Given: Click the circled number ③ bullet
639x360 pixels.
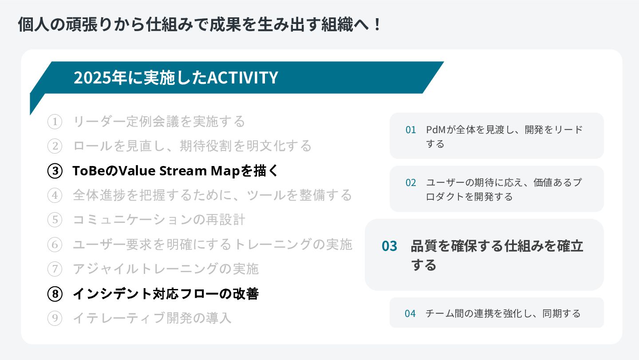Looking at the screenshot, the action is (55, 171).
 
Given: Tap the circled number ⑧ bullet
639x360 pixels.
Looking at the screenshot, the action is (55, 294).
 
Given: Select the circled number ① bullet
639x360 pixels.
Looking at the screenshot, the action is (55, 122).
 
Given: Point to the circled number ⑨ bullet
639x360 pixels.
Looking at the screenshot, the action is (55, 318).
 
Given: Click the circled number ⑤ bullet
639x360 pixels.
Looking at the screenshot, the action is (55, 220).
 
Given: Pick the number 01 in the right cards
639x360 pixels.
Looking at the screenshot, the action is (410, 130).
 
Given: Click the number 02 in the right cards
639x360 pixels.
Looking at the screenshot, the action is (410, 182).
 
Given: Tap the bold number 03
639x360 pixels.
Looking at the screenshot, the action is (389, 246).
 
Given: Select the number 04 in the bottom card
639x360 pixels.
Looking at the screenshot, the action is (410, 313).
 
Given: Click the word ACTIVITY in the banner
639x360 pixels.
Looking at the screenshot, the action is (243, 78).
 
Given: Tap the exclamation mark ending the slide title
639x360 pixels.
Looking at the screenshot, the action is (377, 25).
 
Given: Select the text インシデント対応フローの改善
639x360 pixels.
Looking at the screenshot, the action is (166, 294).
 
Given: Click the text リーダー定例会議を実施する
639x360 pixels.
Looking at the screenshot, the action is (159, 122).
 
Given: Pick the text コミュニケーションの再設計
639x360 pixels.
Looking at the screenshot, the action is (159, 220).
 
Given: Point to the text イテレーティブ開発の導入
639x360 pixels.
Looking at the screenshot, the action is (152, 318).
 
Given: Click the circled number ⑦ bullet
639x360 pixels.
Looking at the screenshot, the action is (55, 269).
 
